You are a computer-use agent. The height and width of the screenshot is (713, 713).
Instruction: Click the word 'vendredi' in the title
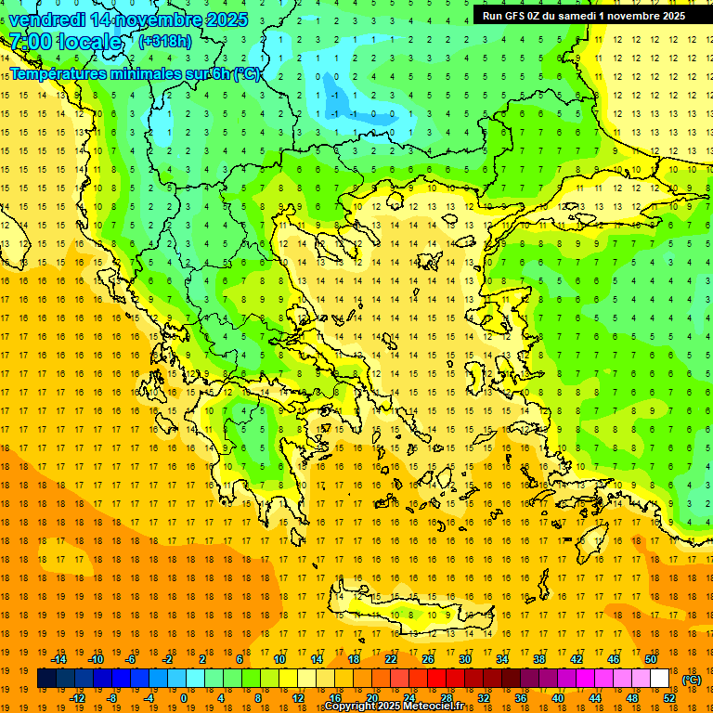(47, 19)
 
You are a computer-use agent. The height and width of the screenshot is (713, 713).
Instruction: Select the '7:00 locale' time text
(65, 42)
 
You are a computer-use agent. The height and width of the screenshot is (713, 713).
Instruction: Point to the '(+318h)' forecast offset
(165, 42)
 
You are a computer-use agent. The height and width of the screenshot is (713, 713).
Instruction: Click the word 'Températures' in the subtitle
(55, 74)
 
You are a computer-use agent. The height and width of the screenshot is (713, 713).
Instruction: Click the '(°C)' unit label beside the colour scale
(692, 680)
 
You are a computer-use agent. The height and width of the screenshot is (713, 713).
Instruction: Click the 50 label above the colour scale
(650, 659)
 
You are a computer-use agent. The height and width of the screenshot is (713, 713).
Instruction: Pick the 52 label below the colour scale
(668, 698)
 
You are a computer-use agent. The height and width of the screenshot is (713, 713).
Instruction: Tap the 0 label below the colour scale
(184, 698)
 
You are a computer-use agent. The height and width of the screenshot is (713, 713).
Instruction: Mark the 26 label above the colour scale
(428, 659)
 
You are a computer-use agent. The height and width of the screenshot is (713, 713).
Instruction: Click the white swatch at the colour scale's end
(659, 679)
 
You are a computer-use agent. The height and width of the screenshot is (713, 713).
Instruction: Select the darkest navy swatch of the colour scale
(46, 679)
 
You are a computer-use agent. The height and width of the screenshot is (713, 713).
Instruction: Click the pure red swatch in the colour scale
(436, 679)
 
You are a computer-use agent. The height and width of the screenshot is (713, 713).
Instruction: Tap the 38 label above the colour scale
(538, 659)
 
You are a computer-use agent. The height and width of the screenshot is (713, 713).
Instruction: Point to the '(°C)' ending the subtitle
(247, 74)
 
